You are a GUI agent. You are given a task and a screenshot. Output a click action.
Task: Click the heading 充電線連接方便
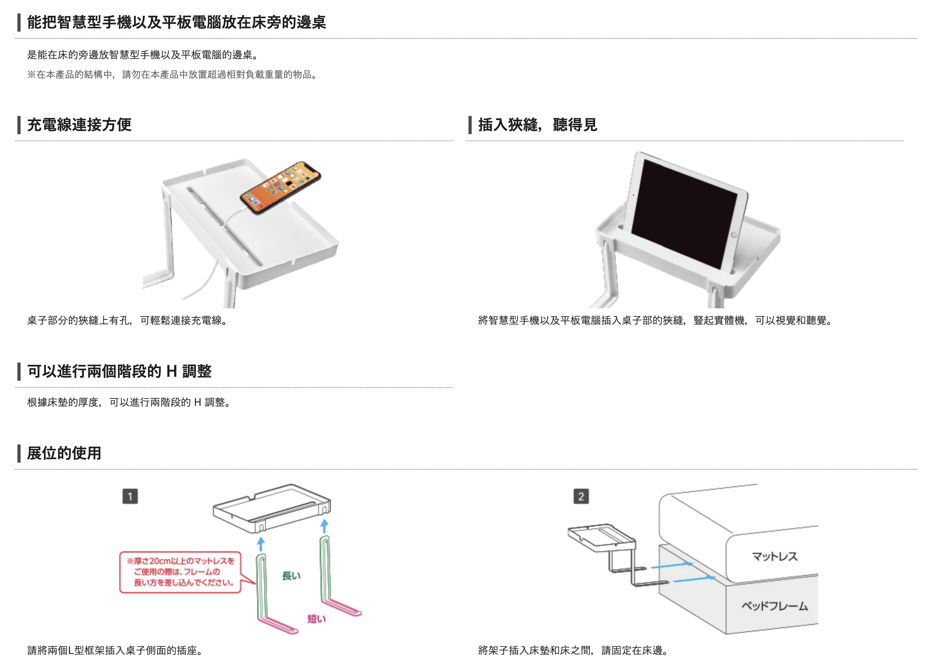pos(79,125)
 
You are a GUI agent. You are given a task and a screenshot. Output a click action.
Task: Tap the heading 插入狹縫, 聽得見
pos(537,125)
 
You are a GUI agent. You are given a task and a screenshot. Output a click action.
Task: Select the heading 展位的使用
pos(64,454)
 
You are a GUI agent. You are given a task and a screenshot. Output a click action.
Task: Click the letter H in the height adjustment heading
pos(172,372)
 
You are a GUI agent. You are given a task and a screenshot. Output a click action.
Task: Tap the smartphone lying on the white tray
pos(281,188)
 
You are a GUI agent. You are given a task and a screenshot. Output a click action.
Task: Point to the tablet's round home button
pos(734,235)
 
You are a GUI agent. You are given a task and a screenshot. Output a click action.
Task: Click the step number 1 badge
pos(130,496)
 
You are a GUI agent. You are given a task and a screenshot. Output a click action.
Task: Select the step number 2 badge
pos(581,496)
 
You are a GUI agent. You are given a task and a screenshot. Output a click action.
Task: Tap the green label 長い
pos(291,576)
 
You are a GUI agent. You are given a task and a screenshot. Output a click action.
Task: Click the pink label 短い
pos(317,619)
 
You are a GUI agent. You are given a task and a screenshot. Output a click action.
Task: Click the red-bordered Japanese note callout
pos(180,572)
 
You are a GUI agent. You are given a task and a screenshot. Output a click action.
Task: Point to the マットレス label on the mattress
pos(775,556)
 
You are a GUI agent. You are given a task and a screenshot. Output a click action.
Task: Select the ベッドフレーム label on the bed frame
pos(775,606)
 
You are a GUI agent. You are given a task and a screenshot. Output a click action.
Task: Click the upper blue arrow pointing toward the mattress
pos(672,565)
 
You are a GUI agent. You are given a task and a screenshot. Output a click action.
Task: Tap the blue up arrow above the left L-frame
pos(261,544)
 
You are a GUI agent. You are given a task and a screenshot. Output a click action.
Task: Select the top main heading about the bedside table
pos(176,22)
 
